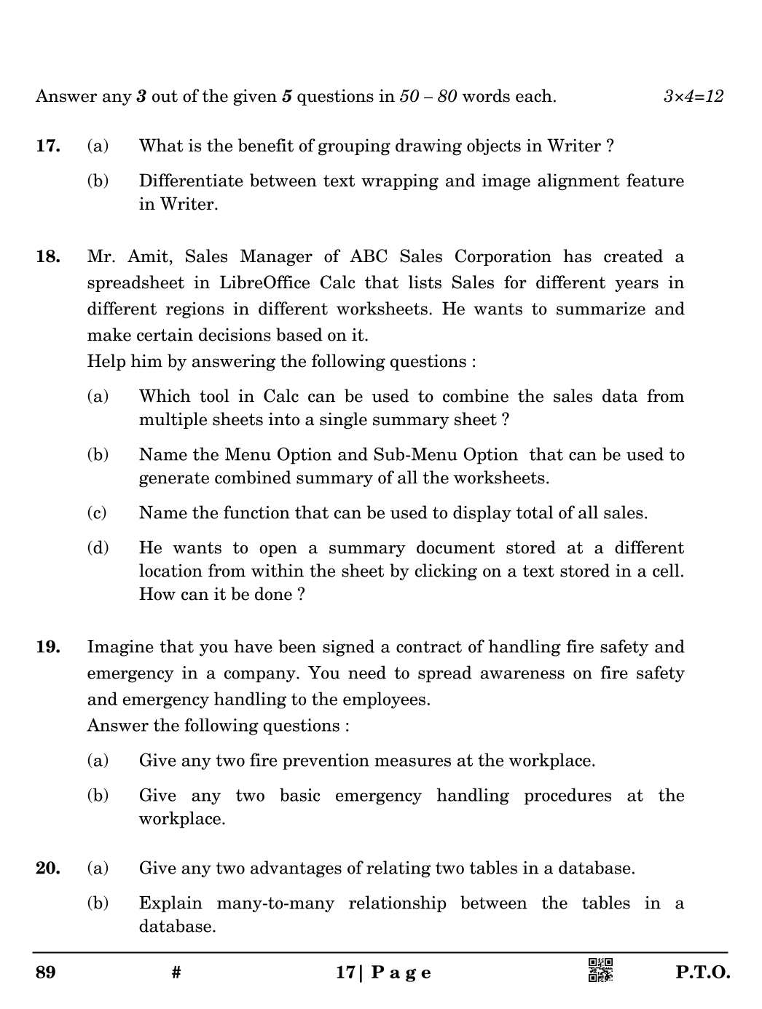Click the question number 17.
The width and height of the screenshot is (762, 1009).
47,146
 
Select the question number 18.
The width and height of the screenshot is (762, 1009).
47,256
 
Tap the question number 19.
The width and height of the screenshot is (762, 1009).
47,646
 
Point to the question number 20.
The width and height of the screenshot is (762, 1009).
47,868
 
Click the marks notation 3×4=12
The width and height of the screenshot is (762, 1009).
693,96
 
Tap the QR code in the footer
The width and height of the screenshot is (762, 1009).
600,970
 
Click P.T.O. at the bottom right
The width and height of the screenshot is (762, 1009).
702,973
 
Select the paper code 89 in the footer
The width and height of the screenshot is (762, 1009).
45,973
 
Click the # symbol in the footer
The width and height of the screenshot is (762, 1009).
176,973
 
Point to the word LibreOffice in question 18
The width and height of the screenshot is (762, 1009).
265,282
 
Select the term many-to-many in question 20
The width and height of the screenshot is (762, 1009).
275,903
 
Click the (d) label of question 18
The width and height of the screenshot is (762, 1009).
98,547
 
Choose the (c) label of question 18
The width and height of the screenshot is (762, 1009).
97,513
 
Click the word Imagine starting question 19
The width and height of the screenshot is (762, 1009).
120,647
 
